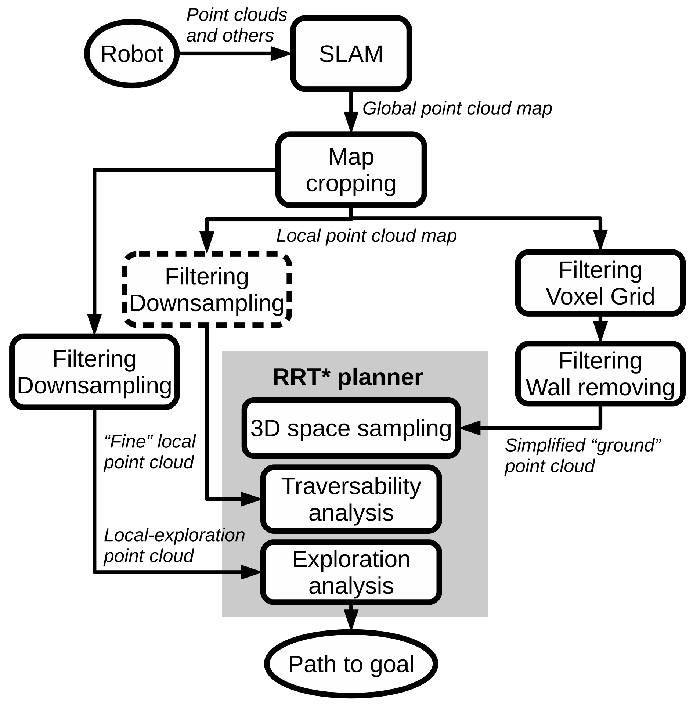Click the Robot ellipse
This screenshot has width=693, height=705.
132,54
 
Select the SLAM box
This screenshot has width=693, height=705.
351,54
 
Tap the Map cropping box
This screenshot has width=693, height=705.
351,170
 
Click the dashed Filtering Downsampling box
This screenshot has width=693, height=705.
207,290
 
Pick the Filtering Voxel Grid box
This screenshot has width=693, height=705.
600,283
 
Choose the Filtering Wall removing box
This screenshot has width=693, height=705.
600,374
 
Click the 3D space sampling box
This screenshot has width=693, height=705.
351,428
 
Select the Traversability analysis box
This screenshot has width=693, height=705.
351,499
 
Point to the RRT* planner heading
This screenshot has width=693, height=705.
347,377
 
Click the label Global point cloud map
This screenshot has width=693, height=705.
457,109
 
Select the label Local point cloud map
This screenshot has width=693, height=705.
366,236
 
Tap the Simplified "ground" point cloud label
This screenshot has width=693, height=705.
582,456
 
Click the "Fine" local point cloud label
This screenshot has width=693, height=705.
149,452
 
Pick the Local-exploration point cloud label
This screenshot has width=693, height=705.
174,545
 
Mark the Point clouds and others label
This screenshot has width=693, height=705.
236,25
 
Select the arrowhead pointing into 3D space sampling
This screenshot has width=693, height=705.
470,428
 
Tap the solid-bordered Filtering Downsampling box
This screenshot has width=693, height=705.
94,372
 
